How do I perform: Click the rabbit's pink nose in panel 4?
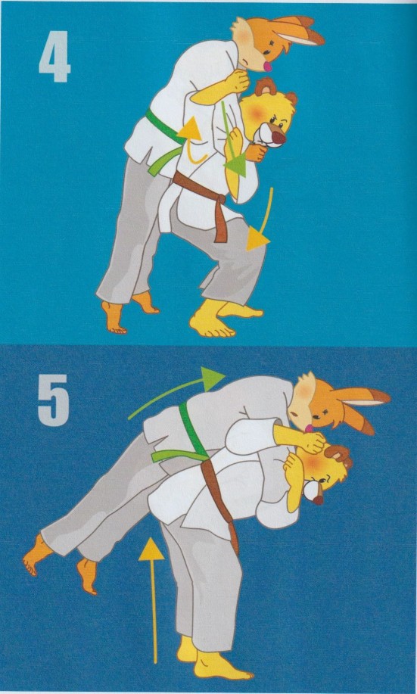(268, 67)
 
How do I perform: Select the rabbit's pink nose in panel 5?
(308, 429)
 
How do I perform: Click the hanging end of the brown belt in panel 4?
(220, 221)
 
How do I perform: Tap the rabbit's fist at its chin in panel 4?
(238, 81)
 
